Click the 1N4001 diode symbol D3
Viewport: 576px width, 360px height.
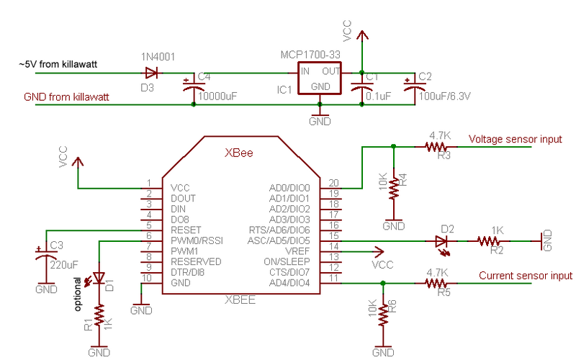151,73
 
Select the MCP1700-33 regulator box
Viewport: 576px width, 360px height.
319,78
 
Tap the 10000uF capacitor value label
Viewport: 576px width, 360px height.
217,96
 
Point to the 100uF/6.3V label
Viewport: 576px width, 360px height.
444,96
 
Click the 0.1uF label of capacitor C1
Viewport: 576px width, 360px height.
379,96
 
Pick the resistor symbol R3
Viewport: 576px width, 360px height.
436,147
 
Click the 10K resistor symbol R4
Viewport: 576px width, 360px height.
393,189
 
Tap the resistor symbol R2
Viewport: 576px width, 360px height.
488,241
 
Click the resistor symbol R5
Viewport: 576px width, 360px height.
436,283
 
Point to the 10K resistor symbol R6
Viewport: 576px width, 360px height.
383,315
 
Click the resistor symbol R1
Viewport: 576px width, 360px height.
99,315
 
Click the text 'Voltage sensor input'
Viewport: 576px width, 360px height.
515,139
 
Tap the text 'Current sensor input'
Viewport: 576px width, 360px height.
526,276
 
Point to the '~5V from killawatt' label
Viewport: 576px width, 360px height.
58,64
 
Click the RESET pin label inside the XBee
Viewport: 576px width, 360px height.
186,230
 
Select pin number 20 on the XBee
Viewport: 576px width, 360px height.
333,183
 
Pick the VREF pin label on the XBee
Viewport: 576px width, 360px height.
297,251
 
